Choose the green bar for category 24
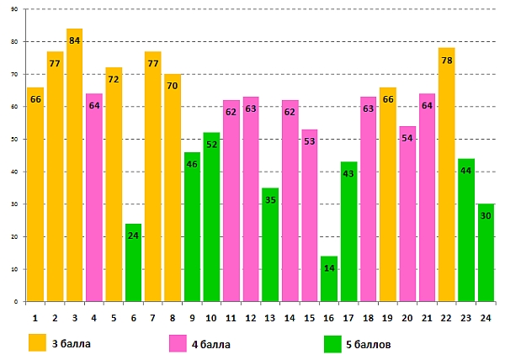(486, 252)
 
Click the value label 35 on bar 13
(270, 201)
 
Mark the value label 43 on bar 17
(348, 175)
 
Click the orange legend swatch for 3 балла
(37, 343)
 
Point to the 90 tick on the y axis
(14, 9)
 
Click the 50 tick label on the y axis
(14, 139)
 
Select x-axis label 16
(329, 318)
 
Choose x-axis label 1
(35, 318)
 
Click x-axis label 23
(466, 318)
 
